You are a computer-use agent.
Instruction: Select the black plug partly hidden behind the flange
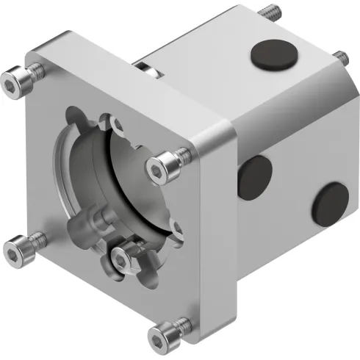[x=253, y=176]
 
